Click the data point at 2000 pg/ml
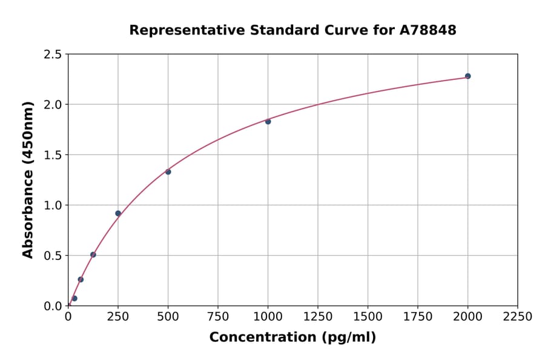[467, 76]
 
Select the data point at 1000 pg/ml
[268, 121]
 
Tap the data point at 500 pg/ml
[168, 172]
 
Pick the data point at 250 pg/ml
[118, 213]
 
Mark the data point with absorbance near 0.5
[93, 255]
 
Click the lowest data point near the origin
[74, 298]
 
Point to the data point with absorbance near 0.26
[81, 279]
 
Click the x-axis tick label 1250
[318, 316]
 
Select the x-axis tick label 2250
[518, 316]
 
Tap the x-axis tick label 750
[218, 316]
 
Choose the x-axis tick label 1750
[418, 316]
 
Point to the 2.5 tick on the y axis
[53, 55]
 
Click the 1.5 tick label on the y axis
[53, 155]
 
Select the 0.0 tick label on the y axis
[53, 306]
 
